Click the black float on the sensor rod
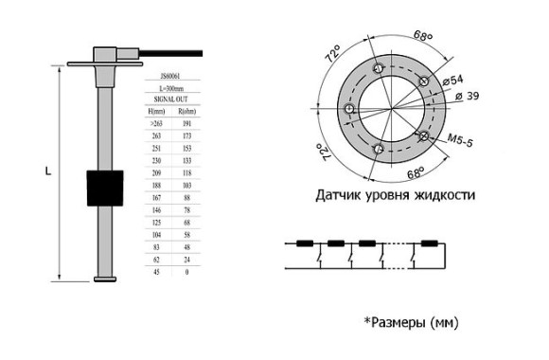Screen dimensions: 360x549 click(105, 188)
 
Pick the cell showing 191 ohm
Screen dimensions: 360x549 click(187, 124)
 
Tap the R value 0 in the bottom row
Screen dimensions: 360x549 click(187, 271)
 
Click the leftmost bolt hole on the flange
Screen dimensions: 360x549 click(349, 110)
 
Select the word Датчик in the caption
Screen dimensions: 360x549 click(339, 196)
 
